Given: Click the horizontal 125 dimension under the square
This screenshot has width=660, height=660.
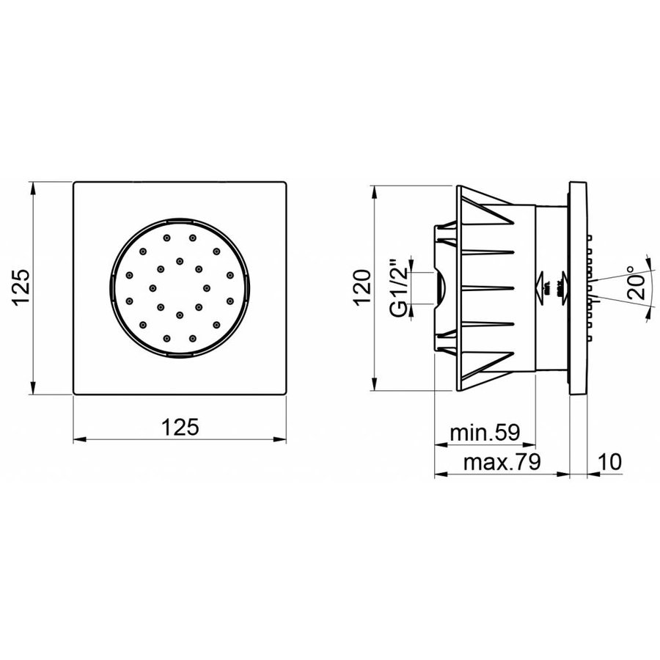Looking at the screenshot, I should (x=180, y=427).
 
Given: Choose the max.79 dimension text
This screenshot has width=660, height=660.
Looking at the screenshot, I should (x=504, y=462).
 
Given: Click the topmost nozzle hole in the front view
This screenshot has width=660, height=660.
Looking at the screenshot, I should (x=168, y=237).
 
